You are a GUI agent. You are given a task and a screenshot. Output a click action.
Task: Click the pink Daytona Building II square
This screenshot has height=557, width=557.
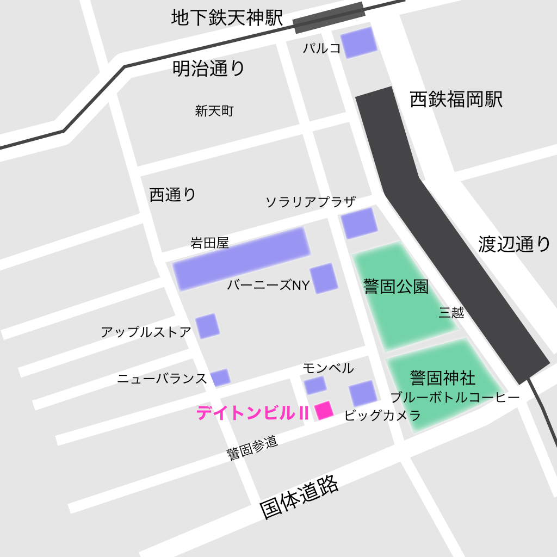point(324,410)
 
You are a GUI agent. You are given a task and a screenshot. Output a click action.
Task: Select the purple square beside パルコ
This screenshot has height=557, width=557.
point(358,42)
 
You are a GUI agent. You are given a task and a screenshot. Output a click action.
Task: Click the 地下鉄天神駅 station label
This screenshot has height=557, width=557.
point(227,18)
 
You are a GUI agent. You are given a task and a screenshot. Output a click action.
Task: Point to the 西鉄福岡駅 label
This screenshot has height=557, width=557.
point(456,100)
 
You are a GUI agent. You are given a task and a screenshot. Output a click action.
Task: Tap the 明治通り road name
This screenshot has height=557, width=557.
point(209,69)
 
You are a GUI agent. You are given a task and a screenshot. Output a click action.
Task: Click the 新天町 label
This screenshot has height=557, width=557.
point(214,112)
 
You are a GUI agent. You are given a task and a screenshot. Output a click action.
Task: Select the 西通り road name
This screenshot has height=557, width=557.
point(172,195)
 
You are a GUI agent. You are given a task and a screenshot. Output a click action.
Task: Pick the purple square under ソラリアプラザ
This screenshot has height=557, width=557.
point(359,223)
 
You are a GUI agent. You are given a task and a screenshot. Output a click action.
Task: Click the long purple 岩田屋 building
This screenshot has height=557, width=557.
point(242,258)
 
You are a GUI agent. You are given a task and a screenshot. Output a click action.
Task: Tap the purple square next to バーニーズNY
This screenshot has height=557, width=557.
point(324,278)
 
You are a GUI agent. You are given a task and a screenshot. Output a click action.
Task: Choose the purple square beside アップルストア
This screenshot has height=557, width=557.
point(207,326)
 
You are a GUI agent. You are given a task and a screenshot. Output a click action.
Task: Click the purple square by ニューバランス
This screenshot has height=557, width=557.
point(220,377)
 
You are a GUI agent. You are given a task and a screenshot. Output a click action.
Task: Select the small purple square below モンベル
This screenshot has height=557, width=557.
point(315,386)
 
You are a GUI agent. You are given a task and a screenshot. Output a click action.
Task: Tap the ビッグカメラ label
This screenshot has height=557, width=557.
point(382,416)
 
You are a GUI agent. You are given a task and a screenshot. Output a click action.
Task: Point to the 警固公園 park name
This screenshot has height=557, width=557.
point(396,287)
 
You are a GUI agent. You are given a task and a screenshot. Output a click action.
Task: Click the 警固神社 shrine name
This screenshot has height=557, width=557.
point(443,377)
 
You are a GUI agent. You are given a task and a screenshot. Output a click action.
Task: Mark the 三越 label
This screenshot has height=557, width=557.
point(451,313)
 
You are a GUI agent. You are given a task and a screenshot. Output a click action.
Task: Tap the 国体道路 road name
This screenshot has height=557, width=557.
point(299,498)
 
